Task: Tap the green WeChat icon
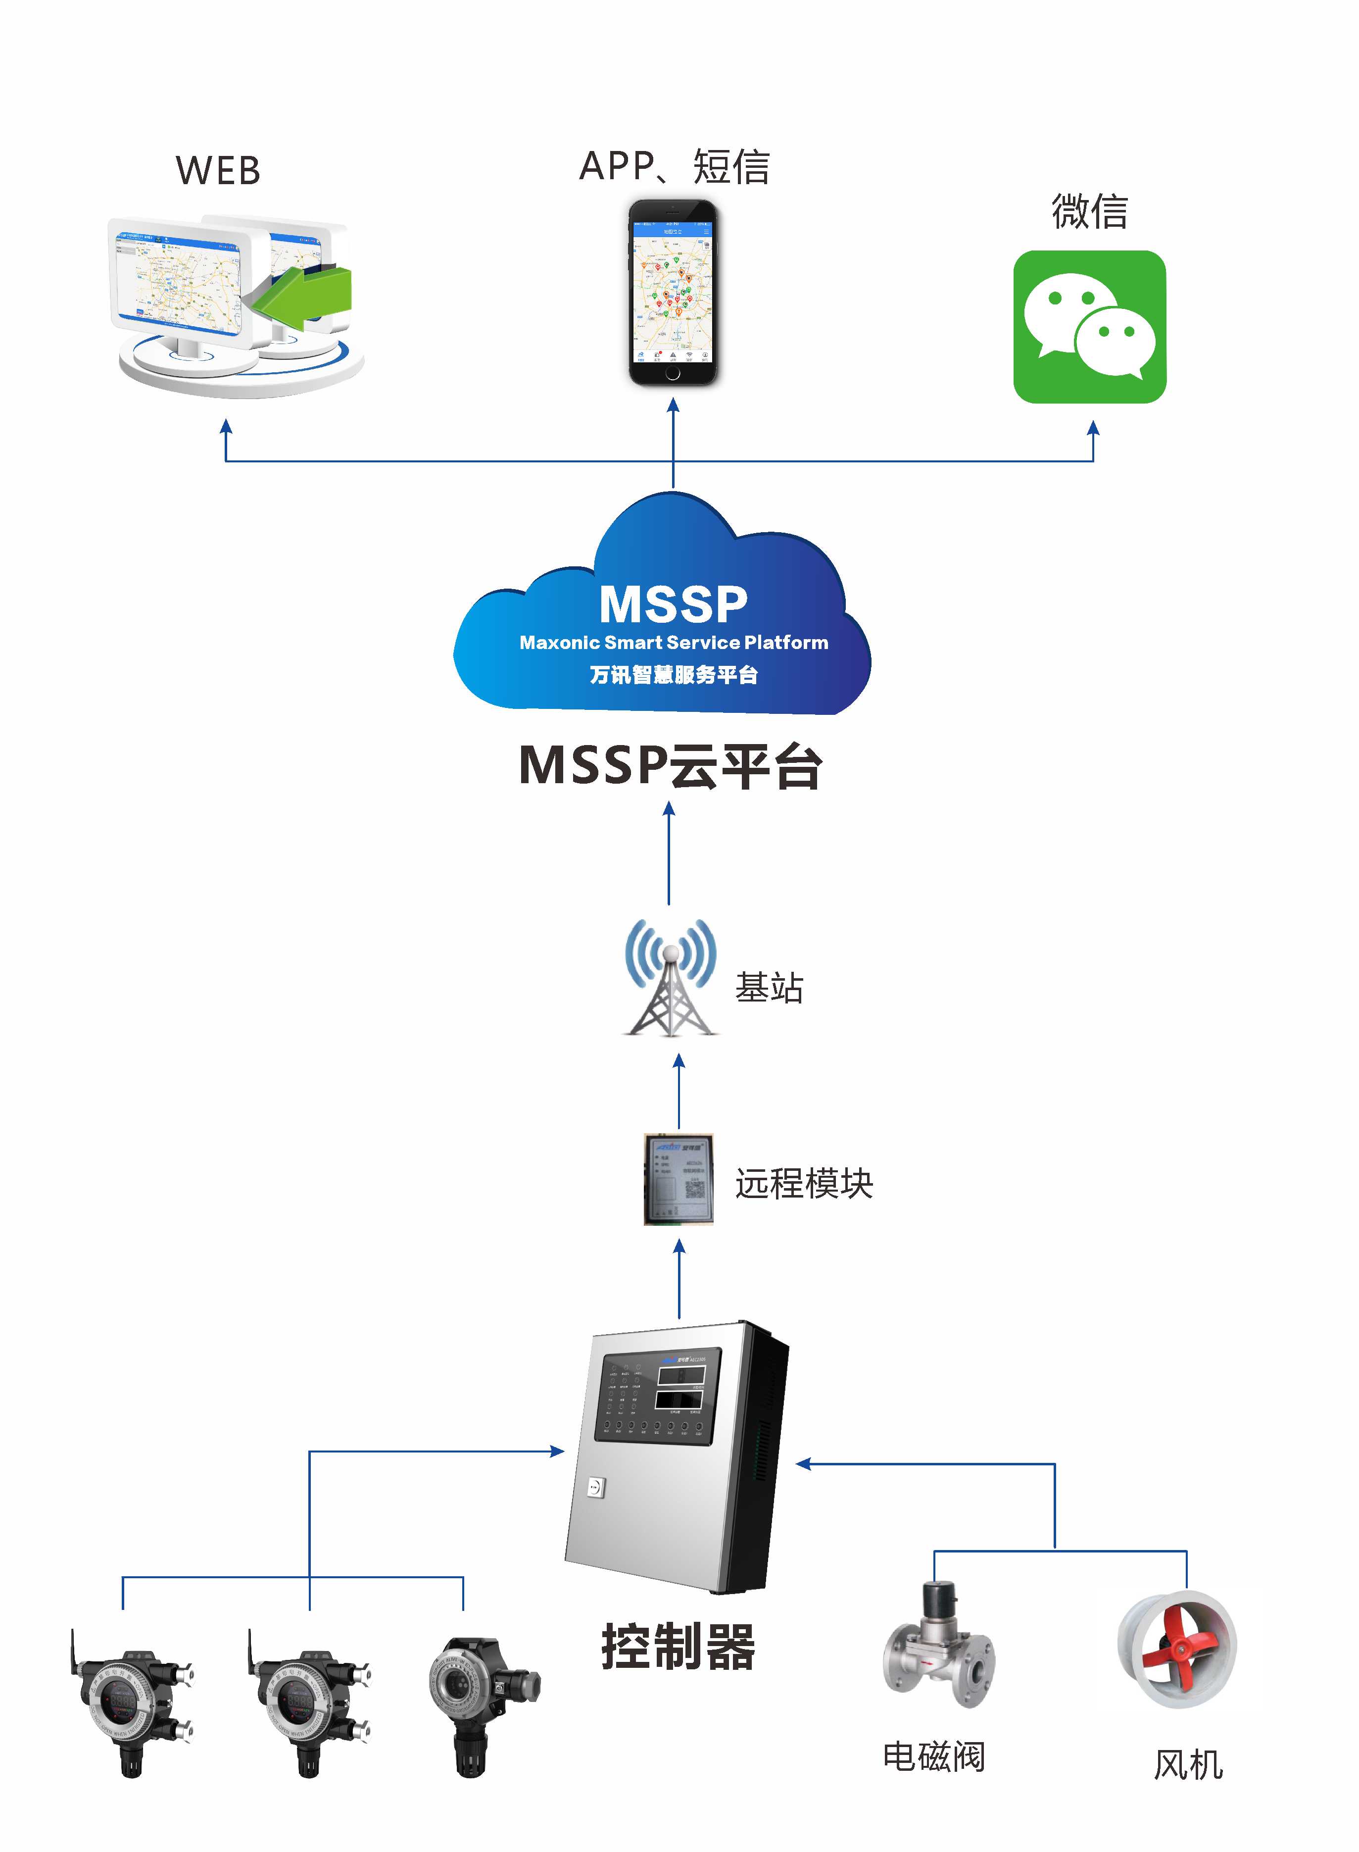(x=1089, y=327)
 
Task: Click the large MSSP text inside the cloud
(x=673, y=605)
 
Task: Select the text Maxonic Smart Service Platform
(x=673, y=643)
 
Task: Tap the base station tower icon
(x=671, y=979)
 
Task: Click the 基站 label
(x=769, y=987)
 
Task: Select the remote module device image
(x=678, y=1179)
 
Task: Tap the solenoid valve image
(x=938, y=1646)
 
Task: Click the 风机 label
(x=1187, y=1765)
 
